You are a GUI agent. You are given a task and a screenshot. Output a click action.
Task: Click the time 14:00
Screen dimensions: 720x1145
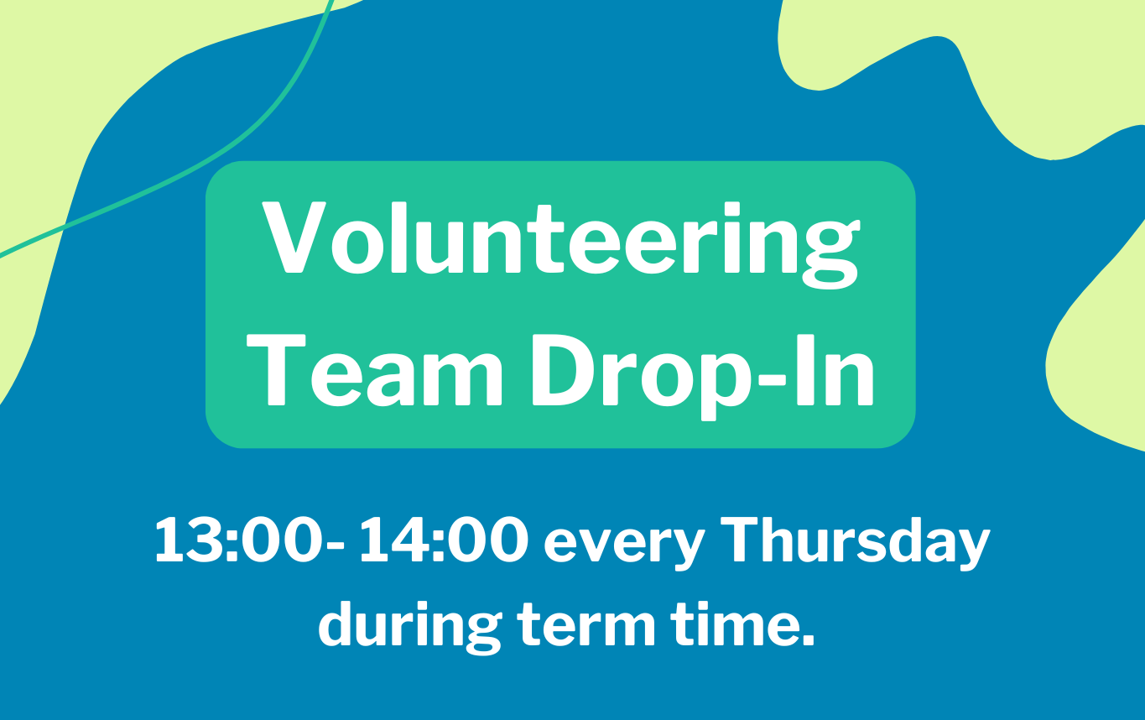[444, 542]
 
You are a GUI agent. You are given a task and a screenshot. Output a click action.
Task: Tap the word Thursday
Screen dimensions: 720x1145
[856, 542]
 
